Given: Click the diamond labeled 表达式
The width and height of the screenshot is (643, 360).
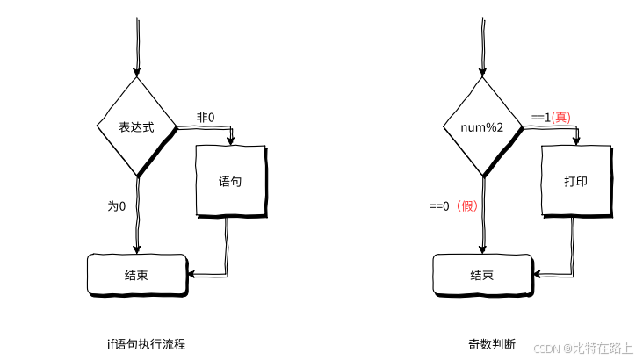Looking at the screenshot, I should click(137, 126).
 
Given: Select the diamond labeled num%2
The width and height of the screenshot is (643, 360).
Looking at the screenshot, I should click(482, 127).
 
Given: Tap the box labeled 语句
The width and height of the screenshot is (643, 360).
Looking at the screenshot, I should click(230, 182).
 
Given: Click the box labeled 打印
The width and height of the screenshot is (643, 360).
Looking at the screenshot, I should click(575, 182).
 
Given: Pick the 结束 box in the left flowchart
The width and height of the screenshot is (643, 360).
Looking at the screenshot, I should click(137, 275).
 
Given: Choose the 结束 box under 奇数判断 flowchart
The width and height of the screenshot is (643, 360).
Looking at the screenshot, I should click(482, 275).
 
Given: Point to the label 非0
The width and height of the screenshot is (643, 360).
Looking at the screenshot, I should click(206, 117).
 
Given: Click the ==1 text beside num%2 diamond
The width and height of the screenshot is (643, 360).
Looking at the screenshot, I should click(539, 117).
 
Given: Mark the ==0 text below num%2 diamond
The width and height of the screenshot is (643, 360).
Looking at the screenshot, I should click(439, 206).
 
